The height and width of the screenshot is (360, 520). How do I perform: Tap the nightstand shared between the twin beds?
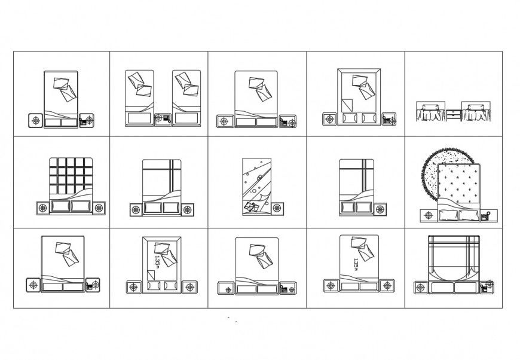coord(163,119)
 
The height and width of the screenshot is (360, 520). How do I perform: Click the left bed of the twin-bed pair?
coord(139,98)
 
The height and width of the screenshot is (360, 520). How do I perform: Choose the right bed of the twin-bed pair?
coord(186,98)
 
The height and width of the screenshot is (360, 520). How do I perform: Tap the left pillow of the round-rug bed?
coord(448,215)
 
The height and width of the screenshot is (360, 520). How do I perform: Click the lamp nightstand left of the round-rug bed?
coord(429,215)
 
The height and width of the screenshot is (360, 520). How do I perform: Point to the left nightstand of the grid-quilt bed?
coord(42,208)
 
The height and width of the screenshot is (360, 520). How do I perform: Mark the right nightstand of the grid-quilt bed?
coord(97,208)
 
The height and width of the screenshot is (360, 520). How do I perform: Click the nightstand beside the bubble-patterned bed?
coord(276,208)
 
